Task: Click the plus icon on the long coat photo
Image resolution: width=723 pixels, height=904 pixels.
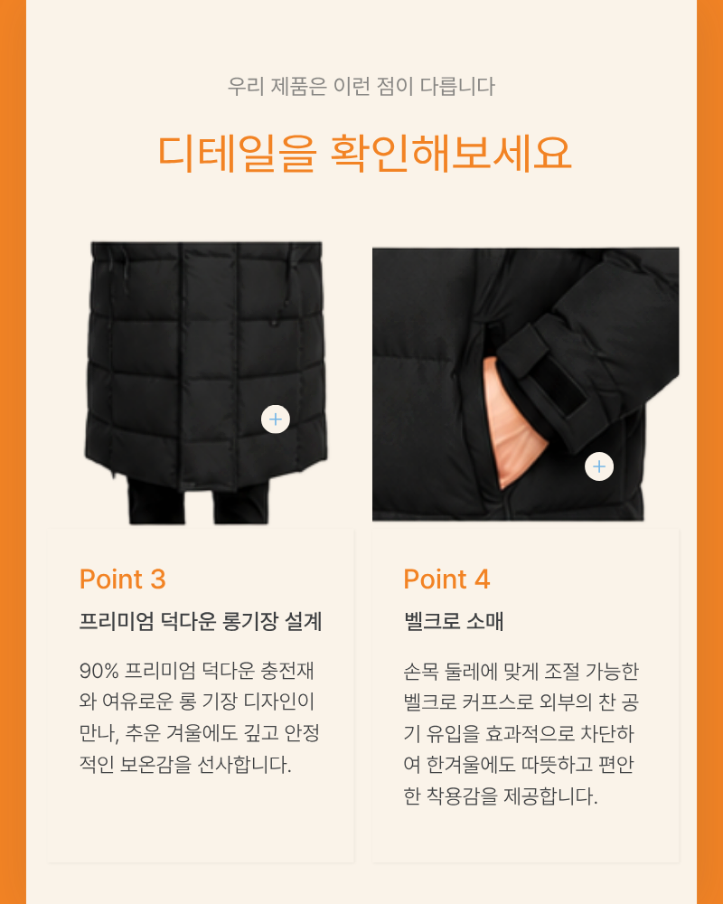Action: pyautogui.click(x=276, y=419)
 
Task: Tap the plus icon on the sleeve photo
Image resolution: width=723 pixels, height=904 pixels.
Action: pyautogui.click(x=599, y=466)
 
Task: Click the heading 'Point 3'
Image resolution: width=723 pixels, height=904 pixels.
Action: pyautogui.click(x=122, y=579)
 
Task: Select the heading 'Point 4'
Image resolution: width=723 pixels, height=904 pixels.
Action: pyautogui.click(x=446, y=579)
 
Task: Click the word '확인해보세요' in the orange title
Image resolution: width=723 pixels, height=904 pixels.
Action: pyautogui.click(x=451, y=153)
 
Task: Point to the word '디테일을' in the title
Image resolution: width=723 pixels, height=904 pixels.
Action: pyautogui.click(x=237, y=154)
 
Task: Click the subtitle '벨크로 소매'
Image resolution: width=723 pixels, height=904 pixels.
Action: pyautogui.click(x=454, y=622)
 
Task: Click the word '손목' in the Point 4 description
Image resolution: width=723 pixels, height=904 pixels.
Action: pyautogui.click(x=421, y=672)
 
